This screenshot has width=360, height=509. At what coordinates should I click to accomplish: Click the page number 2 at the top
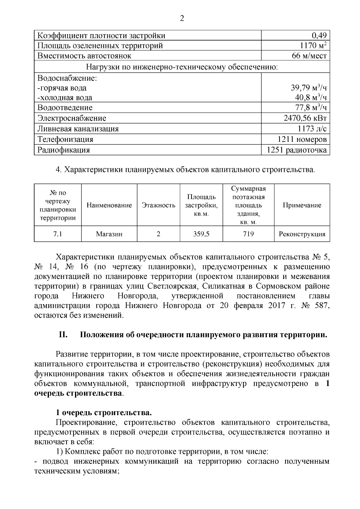coord(181,19)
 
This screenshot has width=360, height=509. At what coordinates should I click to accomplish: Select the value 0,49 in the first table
coord(319,36)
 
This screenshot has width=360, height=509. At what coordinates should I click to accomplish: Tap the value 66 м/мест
coord(309,56)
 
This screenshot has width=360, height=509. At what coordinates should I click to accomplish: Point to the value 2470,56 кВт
coord(305,118)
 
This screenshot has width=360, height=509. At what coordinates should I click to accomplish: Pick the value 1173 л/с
coord(312,129)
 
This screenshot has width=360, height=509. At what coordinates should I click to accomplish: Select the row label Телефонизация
coord(65,139)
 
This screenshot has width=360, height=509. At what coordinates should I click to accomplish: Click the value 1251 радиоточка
coord(297,150)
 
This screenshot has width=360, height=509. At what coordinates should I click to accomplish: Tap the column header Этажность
coord(158,205)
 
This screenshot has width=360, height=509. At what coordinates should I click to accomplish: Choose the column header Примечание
coord(302,205)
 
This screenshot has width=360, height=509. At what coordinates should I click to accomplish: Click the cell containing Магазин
coord(109,234)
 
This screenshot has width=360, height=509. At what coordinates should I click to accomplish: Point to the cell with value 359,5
coord(201,234)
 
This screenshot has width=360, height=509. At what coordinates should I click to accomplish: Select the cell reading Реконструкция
coord(302,234)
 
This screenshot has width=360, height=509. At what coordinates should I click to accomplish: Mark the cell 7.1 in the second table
coord(58,234)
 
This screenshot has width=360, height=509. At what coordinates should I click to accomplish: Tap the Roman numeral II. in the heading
coord(63,335)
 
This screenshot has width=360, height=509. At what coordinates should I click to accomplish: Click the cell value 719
coord(248,234)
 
